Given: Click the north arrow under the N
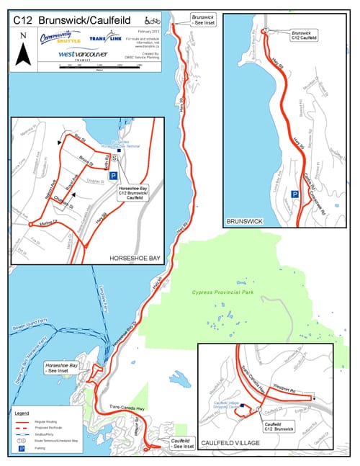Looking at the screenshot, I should click(24, 52).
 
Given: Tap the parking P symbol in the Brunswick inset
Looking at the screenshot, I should click(294, 194).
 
